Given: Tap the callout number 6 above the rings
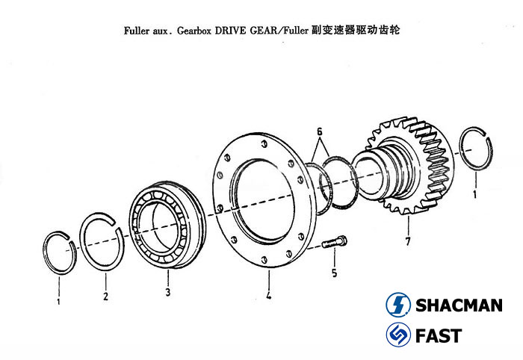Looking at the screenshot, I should point(320,131).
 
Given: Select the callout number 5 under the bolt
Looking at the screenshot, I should point(334,273).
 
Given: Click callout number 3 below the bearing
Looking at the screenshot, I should point(168,291).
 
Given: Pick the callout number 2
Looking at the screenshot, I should point(105,297).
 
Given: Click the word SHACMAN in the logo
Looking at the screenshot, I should point(457,305).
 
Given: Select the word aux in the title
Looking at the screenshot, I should point(160,33).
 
